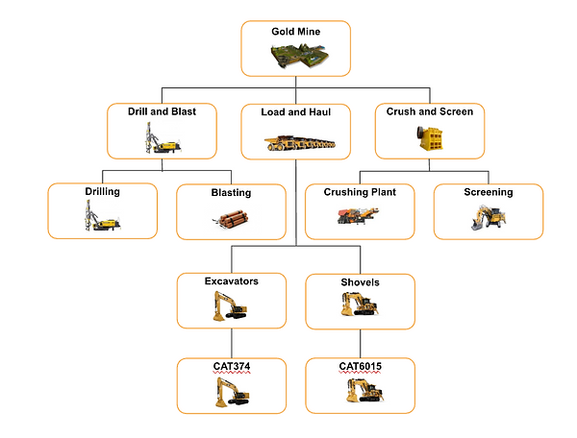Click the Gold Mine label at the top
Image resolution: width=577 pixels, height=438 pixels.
pos(294,32)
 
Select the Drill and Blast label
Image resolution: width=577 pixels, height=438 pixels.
pos(162,111)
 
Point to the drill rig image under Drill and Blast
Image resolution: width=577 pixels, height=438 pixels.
pos(157,138)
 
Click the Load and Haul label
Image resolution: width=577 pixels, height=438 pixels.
pos(295,112)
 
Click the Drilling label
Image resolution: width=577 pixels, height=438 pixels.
pos(102,191)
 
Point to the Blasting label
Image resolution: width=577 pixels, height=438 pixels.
pos(231,192)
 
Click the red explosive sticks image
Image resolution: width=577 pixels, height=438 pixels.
pos(231,220)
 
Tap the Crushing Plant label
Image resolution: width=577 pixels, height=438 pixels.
pos(359,191)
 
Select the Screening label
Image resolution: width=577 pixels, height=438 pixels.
pos(489,192)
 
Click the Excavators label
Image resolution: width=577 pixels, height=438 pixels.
pos(231,281)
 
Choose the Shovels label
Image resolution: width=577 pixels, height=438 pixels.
pos(360,282)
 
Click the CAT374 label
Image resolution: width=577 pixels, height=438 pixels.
pos(231,366)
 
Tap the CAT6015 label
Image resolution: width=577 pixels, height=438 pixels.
pos(360,366)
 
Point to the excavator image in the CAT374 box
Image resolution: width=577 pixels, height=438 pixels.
pos(231,391)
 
